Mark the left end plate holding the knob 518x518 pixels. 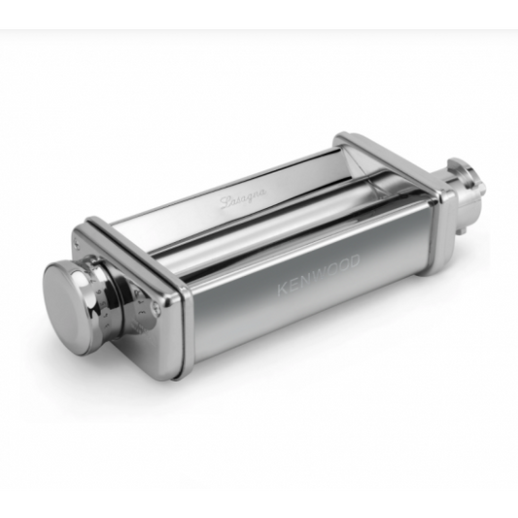click(160, 292)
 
